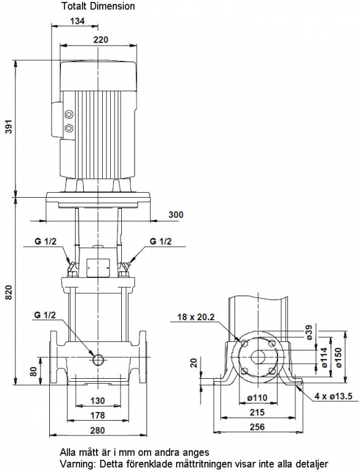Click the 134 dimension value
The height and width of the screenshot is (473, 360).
pos(78,21)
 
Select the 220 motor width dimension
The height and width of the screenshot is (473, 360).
pos(100,39)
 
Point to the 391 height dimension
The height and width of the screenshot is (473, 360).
pos(9,127)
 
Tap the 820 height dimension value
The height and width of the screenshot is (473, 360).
pos(9,292)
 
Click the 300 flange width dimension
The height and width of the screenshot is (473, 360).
pos(175,214)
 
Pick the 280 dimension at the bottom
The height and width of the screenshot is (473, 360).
pos(98,430)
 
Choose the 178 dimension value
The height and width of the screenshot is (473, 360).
pos(98,415)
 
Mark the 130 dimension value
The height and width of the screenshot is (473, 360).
pos(98,400)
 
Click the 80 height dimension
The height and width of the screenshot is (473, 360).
pos(33,371)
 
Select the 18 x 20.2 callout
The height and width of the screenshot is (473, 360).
pos(196,317)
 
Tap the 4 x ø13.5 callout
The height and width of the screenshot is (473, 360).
pos(334,396)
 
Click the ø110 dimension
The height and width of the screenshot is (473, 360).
pos(257,398)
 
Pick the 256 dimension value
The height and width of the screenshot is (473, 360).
pos(257,427)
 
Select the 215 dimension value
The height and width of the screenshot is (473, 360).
pos(257,412)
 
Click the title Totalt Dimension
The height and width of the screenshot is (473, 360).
pos(98,6)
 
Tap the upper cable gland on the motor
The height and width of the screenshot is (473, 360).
pos(69,114)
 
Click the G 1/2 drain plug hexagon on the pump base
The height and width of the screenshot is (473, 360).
pos(98,359)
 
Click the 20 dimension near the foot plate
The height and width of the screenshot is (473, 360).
pos(194,362)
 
